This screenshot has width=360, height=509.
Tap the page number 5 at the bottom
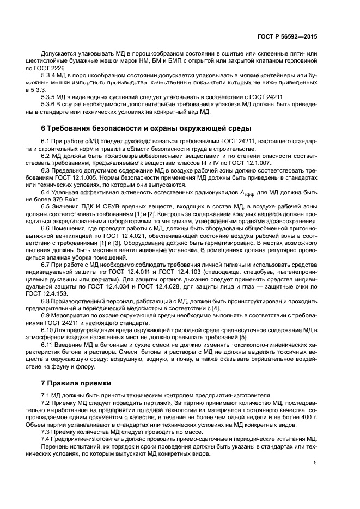315,463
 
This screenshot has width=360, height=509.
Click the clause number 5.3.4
50,75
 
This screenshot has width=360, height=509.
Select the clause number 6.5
47,206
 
